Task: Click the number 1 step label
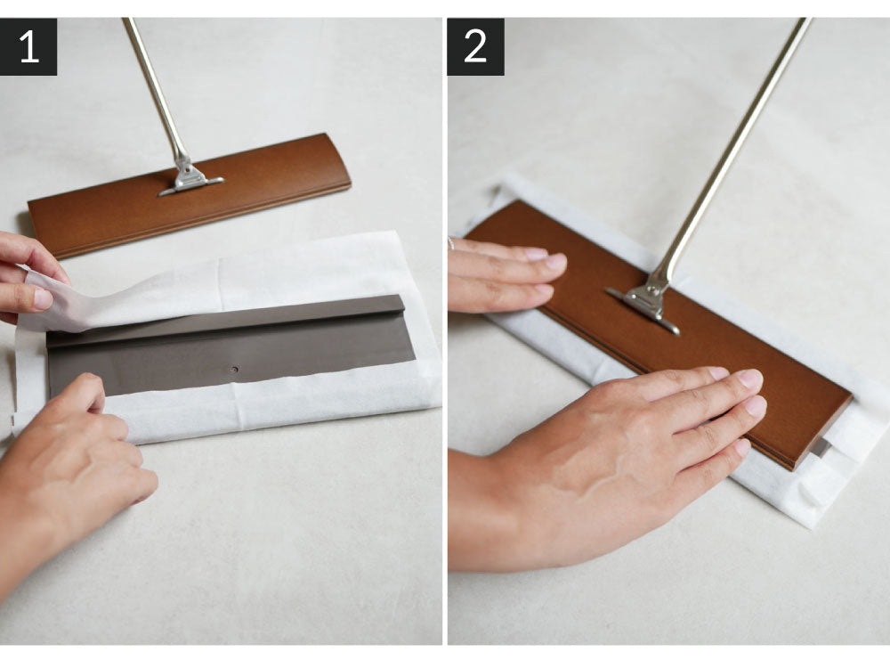pos(28,46)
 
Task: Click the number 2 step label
pos(475,46)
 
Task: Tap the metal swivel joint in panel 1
pos(190,176)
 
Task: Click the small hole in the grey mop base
pos(234,370)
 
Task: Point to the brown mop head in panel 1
pos(189,193)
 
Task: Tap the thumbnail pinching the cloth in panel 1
pos(44,298)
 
